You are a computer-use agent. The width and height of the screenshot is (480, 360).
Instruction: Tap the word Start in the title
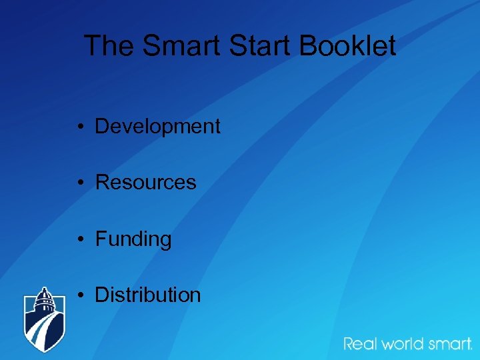tap(261, 46)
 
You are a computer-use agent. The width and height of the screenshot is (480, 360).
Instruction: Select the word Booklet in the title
tap(347, 46)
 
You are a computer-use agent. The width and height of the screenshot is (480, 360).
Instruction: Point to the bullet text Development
tap(157, 126)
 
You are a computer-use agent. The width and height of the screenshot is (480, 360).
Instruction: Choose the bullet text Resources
tap(145, 182)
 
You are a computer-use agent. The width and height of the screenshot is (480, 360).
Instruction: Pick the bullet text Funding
tap(133, 239)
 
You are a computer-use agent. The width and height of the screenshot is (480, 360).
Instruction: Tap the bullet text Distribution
tap(147, 295)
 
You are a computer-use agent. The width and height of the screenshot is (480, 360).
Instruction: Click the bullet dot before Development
tap(79, 127)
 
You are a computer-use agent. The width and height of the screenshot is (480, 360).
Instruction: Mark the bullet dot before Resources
tap(79, 183)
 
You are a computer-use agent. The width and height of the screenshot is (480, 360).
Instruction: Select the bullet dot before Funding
tap(79, 239)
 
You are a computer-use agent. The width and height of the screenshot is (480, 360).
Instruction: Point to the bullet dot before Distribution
tap(79, 295)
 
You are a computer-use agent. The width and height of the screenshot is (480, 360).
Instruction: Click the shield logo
tap(45, 319)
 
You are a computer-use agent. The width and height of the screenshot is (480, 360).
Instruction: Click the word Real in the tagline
tap(360, 344)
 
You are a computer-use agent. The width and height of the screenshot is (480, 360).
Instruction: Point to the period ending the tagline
tap(471, 349)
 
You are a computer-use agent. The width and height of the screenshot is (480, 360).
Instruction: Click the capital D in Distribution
tap(102, 295)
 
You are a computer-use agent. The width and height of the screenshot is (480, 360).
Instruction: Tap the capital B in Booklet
tap(307, 46)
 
